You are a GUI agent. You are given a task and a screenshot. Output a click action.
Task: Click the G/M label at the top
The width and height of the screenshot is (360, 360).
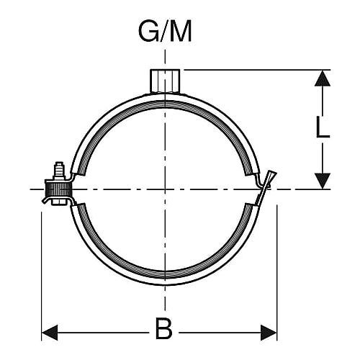tap(165, 32)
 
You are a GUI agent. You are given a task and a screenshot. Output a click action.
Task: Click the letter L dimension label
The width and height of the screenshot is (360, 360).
tap(323, 127)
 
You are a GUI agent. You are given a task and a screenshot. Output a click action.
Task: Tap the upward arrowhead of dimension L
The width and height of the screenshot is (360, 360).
tap(323, 78)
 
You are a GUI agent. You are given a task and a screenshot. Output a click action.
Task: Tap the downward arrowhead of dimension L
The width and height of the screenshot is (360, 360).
tap(323, 181)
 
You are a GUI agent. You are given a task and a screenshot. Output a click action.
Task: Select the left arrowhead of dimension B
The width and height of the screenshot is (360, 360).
tap(50, 333)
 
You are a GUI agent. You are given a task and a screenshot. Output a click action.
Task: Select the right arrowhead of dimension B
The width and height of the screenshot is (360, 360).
tap(269, 333)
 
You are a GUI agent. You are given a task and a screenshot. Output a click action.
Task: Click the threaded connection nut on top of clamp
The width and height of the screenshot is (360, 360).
tap(165, 81)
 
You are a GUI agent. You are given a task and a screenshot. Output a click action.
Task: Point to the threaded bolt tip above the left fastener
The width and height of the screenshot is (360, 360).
tap(59, 169)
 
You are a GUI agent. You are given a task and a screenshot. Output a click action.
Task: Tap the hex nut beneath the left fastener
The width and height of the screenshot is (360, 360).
tap(59, 202)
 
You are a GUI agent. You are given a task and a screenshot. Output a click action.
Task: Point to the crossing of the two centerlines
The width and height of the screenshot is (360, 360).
tap(165, 189)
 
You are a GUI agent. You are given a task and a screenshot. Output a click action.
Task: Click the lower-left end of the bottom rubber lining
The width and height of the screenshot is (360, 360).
tap(81, 205)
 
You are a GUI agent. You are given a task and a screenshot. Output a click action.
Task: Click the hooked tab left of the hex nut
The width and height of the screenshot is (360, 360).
tap(47, 200)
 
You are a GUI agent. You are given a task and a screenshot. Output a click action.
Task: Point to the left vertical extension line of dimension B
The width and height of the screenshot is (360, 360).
tap(42, 276)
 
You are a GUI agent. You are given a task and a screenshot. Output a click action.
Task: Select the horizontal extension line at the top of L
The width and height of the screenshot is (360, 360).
tap(257, 70)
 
